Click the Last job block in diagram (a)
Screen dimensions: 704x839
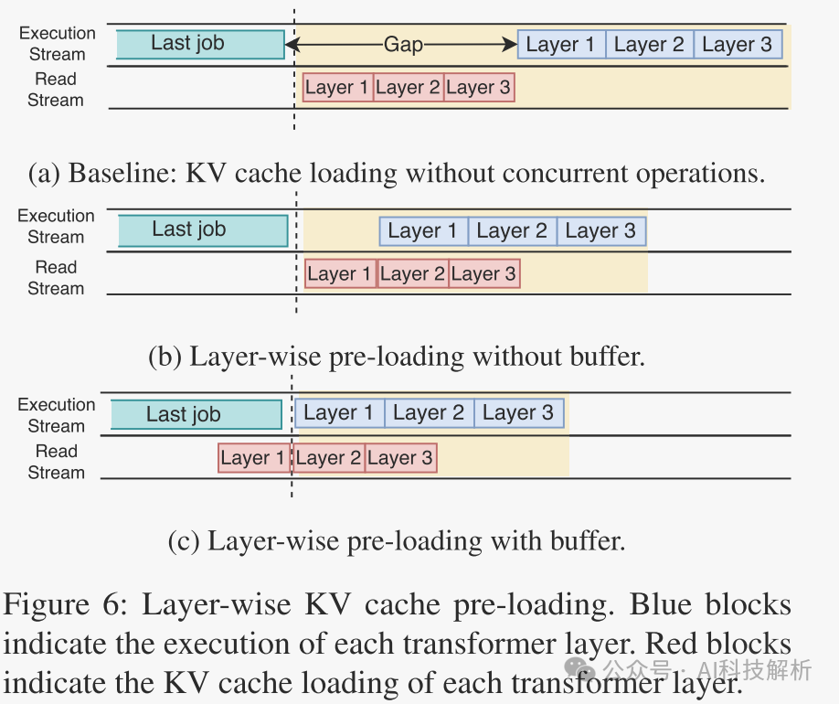coord(199,44)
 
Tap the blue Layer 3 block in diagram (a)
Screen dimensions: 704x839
coord(737,45)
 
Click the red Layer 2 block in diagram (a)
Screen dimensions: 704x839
coord(409,88)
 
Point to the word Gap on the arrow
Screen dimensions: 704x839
coord(403,45)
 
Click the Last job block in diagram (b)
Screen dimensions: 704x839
coord(202,230)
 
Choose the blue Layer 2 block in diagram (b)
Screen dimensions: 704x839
coord(512,231)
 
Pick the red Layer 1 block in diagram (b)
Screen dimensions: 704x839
coord(341,273)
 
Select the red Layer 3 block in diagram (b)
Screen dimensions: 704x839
coord(483,273)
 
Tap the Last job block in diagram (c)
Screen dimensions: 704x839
coord(196,414)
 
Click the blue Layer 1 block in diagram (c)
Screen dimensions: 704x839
coord(339,413)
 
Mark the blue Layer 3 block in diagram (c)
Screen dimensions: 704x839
coord(518,413)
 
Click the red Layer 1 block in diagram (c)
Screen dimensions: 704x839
coord(253,458)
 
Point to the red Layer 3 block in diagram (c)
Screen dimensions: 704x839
coord(400,458)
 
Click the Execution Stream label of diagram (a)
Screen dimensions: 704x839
coord(57,44)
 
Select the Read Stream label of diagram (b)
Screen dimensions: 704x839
coord(56,278)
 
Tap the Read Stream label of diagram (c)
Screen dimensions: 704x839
coord(56,462)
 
